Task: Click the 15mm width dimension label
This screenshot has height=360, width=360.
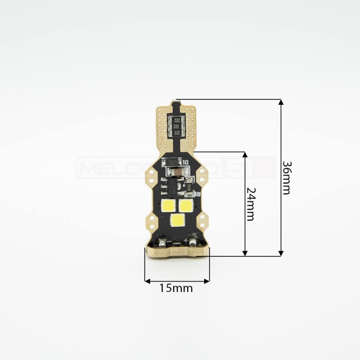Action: [x=176, y=288]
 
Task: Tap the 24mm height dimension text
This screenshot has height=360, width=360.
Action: [x=250, y=204]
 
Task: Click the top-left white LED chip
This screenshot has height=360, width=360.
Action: [x=168, y=206]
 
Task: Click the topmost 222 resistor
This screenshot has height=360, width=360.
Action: [x=176, y=120]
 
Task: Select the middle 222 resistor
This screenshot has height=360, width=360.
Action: [x=176, y=126]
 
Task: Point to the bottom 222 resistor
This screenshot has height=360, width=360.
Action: [x=176, y=132]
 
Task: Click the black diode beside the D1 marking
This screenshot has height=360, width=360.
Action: [x=173, y=162]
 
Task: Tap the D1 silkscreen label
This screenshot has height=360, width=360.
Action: [x=185, y=162]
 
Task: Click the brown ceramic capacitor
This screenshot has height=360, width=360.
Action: [x=174, y=172]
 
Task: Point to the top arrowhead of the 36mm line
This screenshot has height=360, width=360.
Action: [x=281, y=102]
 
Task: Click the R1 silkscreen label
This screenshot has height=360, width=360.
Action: [x=197, y=194]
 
